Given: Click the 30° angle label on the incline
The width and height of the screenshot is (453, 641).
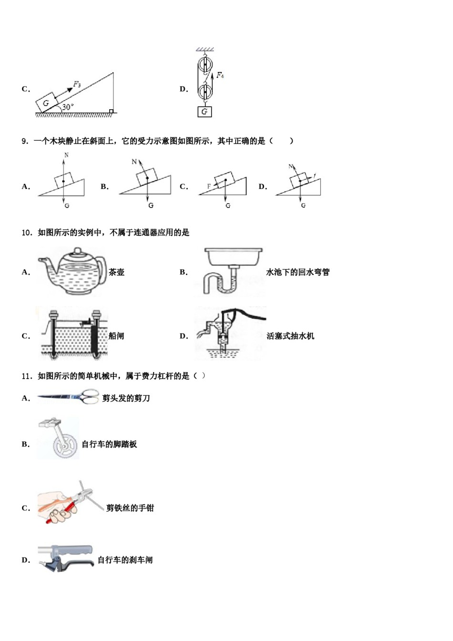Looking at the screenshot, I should pyautogui.click(x=68, y=107).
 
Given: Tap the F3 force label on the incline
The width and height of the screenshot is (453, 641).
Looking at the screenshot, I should pyautogui.click(x=77, y=84).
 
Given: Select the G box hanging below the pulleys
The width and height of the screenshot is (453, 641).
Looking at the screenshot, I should pyautogui.click(x=205, y=112).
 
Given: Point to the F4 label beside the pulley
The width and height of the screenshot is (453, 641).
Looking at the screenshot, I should pyautogui.click(x=220, y=75).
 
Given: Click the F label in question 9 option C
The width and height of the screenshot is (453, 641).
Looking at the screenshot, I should pyautogui.click(x=209, y=186).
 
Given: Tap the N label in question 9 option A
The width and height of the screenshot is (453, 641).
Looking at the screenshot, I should pyautogui.click(x=66, y=155).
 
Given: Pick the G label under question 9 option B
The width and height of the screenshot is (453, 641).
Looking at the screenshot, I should pyautogui.click(x=151, y=206).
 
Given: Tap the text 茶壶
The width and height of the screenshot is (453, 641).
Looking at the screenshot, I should pyautogui.click(x=116, y=272).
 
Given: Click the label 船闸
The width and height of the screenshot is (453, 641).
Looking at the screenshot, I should pyautogui.click(x=116, y=336).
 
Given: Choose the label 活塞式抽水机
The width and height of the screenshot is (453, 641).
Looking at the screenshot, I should pyautogui.click(x=290, y=336).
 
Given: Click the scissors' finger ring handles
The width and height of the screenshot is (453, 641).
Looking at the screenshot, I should pyautogui.click(x=89, y=397).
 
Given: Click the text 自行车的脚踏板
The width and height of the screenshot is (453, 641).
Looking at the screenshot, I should pyautogui.click(x=109, y=445).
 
